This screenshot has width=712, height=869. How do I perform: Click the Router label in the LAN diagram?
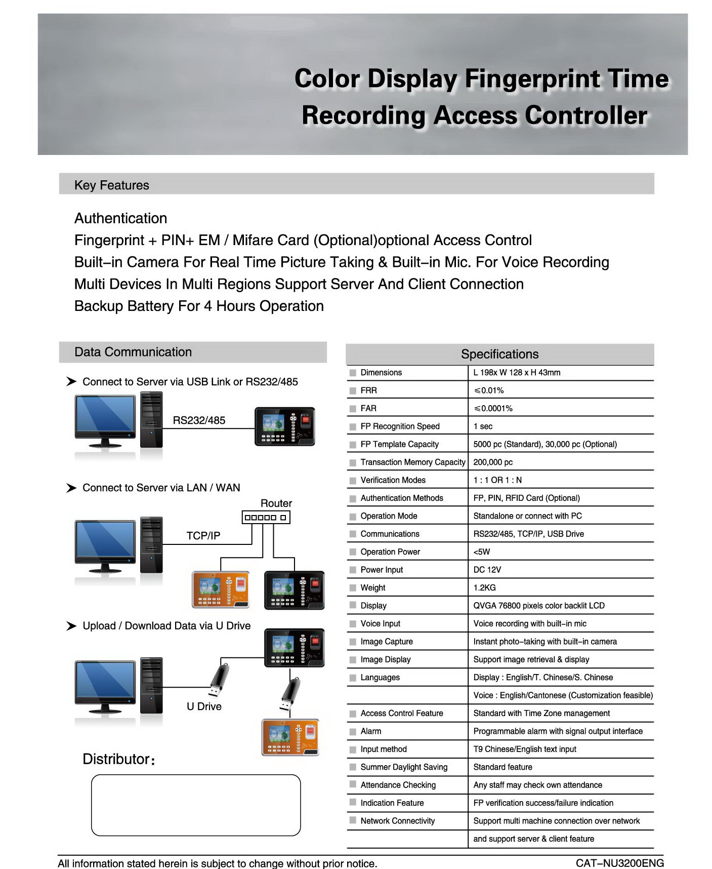276,503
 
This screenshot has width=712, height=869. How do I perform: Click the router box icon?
266,517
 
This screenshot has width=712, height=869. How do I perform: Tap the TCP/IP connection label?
203,536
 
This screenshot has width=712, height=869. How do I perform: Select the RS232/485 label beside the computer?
199,420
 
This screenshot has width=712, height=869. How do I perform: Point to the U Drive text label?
204,706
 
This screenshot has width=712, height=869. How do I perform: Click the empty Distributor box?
196,805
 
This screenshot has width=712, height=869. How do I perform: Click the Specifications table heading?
499,354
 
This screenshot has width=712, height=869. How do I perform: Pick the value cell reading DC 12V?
487,570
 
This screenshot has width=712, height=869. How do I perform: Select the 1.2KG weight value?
484,587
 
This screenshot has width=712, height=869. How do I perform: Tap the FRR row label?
368,390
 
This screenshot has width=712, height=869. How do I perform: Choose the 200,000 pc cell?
493,462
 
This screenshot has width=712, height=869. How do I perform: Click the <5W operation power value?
481,551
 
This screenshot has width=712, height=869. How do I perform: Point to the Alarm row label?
371,731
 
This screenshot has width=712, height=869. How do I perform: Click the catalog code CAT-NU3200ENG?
619,863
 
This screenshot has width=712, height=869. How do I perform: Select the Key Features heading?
112,185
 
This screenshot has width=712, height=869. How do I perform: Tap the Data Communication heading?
133,352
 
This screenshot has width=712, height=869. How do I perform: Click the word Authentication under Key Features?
120,218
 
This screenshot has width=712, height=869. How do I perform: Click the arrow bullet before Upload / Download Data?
71,626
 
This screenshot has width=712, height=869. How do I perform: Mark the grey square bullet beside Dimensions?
353,373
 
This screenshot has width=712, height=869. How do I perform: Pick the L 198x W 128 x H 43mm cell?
517,373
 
